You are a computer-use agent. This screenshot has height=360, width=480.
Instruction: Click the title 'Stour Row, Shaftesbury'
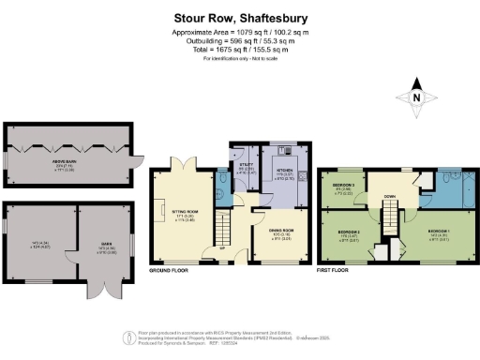point(240,17)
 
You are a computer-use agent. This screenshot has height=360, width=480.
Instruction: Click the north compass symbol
point(416,96)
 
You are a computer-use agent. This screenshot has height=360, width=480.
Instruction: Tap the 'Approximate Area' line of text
point(240,33)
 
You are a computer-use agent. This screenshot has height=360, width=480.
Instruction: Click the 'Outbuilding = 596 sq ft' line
point(240,40)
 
